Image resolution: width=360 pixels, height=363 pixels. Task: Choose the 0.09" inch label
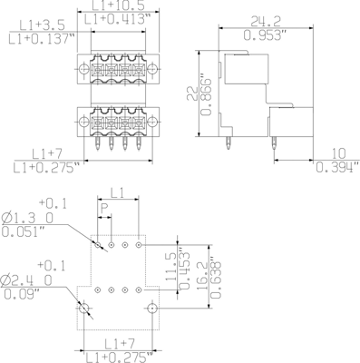pyautogui.click(x=20, y=293)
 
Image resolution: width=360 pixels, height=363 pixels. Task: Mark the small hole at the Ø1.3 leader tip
pyautogui.click(x=96, y=245)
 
